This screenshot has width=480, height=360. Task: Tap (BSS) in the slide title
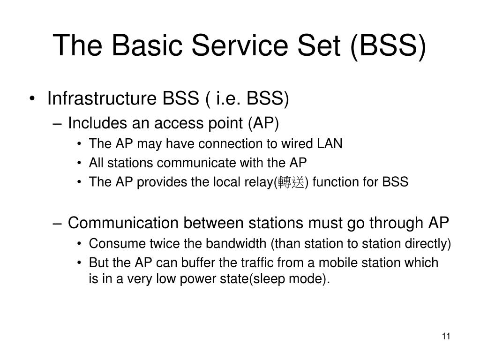pyautogui.click(x=389, y=45)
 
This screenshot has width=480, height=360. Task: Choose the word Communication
pyautogui.click(x=122, y=223)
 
